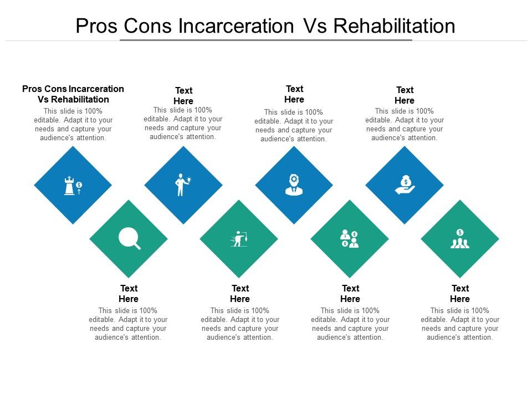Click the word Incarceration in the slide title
tap(237, 26)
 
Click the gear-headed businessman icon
tap(294, 185)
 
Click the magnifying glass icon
tap(129, 238)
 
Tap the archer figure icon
tap(239, 239)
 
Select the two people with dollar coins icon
tap(349, 239)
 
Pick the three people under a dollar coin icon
tap(459, 239)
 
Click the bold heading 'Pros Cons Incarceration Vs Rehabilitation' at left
tap(73, 94)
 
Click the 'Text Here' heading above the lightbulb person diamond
tap(183, 95)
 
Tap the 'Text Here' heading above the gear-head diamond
tap(294, 94)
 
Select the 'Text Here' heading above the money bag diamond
tap(405, 95)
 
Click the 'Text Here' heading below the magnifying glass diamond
tap(129, 294)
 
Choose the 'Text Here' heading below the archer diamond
tap(240, 294)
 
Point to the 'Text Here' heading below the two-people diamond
tap(350, 294)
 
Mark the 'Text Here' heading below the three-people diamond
tap(460, 294)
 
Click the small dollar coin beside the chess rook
tap(79, 185)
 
